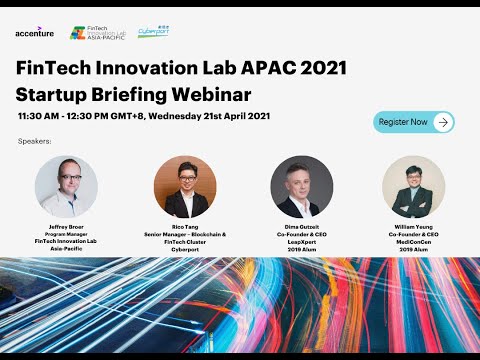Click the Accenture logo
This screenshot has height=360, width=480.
tap(35, 33)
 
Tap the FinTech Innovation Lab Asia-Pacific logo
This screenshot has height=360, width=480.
tap(99, 33)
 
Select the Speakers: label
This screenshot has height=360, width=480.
tap(34, 142)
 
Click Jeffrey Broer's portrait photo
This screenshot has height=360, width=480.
tap(67, 186)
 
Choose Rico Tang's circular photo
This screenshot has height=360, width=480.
tap(185, 186)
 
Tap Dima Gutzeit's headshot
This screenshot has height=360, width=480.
tap(301, 186)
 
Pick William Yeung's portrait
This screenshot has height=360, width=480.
tap(414, 186)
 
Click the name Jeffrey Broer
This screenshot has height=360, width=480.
tap(67, 227)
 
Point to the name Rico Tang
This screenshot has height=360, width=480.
tap(185, 227)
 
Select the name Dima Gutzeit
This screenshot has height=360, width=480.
tap(301, 227)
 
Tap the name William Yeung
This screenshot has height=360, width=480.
tap(414, 227)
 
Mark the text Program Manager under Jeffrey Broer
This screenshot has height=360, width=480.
tap(67, 234)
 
